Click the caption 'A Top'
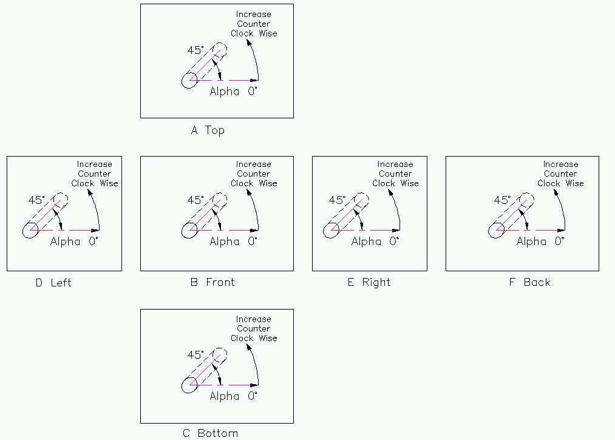[x=208, y=130]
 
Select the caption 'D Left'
[x=53, y=282]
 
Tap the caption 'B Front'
[x=212, y=282]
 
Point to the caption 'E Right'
[x=369, y=282]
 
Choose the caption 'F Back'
[x=529, y=282]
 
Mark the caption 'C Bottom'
[x=210, y=433]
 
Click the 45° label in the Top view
[x=195, y=50]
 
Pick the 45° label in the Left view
[x=36, y=200]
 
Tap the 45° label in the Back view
[x=503, y=200]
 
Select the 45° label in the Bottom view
[x=195, y=355]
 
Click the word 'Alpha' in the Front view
[x=225, y=242]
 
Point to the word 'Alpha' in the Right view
[x=366, y=242]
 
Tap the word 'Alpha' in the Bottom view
[x=225, y=396]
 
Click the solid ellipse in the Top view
[x=189, y=80]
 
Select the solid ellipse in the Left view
[x=30, y=230]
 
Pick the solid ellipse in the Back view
[x=497, y=230]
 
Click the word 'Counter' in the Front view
[x=253, y=174]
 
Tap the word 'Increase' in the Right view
[x=395, y=164]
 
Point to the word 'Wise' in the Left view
[x=109, y=183]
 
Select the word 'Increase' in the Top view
[x=253, y=14]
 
